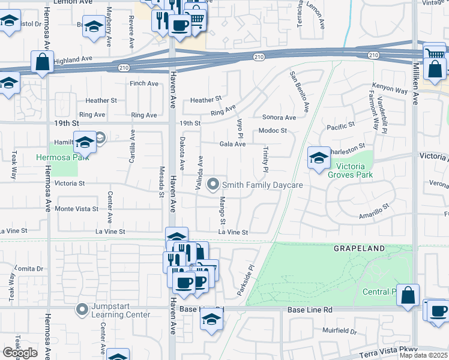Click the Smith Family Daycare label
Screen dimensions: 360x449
click(x=262, y=185)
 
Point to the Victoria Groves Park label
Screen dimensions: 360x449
click(x=349, y=170)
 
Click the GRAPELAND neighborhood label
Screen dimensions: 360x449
click(x=358, y=247)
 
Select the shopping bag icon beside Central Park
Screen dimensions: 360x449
click(x=408, y=295)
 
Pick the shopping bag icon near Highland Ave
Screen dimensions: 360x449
click(x=43, y=62)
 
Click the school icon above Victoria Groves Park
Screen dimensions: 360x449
click(x=319, y=158)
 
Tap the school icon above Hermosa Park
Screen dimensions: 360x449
click(x=85, y=143)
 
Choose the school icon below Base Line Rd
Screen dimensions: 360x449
click(x=211, y=320)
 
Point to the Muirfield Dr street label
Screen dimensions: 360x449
click(x=339, y=331)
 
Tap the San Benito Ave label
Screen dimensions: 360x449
click(x=300, y=92)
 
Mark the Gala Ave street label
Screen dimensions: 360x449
click(x=232, y=144)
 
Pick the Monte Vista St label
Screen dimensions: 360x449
click(x=76, y=208)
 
